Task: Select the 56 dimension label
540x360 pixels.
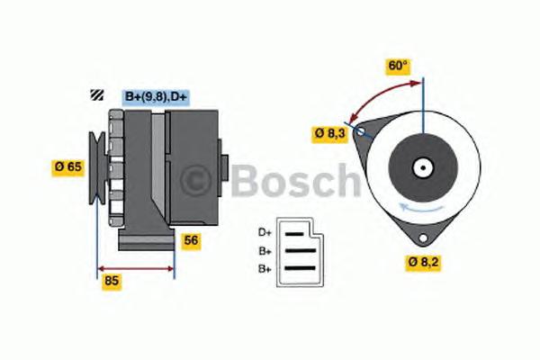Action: (x=191, y=240)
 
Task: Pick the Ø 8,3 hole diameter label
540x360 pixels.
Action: (x=330, y=133)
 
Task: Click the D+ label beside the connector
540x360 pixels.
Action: (x=265, y=231)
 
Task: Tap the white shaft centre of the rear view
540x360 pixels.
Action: (x=422, y=167)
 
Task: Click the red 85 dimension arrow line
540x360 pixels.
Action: (x=135, y=267)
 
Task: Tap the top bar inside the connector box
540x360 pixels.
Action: (x=296, y=233)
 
